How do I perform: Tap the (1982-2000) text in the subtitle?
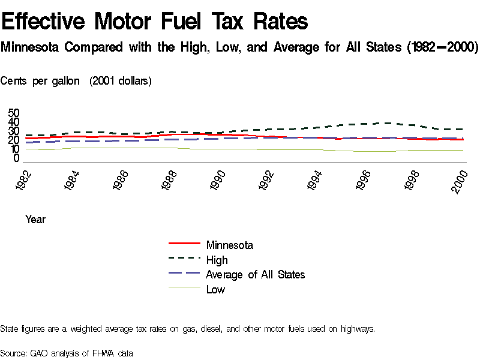click(442, 47)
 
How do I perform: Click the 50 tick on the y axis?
click(13, 113)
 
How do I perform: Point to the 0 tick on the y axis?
click(17, 158)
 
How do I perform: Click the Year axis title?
click(35, 220)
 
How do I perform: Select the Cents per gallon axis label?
click(40, 81)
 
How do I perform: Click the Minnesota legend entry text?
click(229, 245)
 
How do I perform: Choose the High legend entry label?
click(217, 260)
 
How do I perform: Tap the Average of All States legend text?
click(255, 275)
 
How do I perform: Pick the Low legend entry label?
click(215, 290)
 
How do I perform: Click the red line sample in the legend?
click(184, 244)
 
